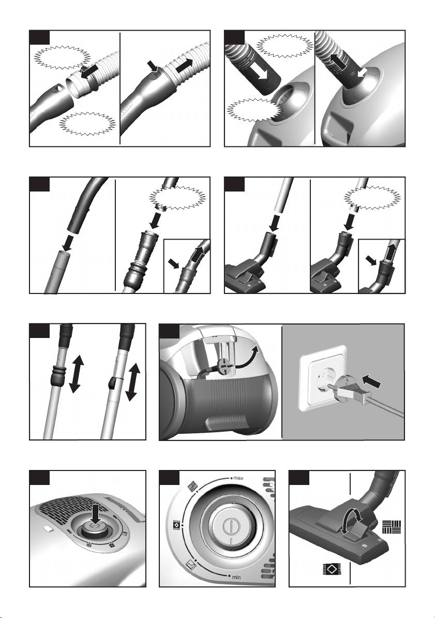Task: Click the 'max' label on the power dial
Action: click(238, 478)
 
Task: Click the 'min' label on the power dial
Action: click(236, 578)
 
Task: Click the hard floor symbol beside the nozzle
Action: click(392, 527)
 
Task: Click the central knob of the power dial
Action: click(229, 527)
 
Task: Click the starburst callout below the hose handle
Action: click(87, 123)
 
